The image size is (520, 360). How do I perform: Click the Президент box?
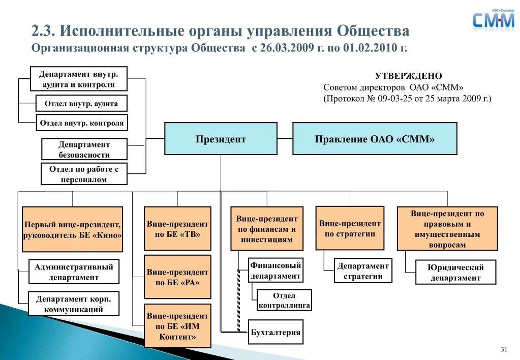[x=221, y=139]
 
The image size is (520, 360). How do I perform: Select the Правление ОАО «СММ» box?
[x=375, y=139]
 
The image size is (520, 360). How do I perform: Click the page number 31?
[x=504, y=349]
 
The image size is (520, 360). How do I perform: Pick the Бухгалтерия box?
[x=276, y=333]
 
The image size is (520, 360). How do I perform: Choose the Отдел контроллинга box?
[x=284, y=301]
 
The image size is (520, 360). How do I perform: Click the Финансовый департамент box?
[x=276, y=271]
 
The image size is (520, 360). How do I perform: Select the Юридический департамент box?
[x=455, y=273]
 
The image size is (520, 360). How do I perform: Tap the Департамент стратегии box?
[x=363, y=271]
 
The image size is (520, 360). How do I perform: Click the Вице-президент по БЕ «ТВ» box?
[x=177, y=229]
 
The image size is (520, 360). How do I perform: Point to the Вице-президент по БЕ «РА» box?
[x=177, y=277]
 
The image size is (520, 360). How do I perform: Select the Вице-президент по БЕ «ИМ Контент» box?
[x=177, y=326]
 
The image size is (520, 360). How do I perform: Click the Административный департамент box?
[x=74, y=272]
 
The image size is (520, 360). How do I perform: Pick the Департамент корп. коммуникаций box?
[x=74, y=304]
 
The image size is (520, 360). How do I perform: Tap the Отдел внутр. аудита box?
[x=81, y=104]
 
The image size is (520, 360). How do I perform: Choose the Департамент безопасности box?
[x=84, y=149]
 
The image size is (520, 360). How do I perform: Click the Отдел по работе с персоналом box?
[x=84, y=174]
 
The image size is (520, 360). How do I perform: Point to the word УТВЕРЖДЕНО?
[x=408, y=76]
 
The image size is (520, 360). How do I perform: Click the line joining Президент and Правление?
[x=285, y=138]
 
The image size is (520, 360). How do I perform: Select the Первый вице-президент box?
[x=73, y=229]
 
